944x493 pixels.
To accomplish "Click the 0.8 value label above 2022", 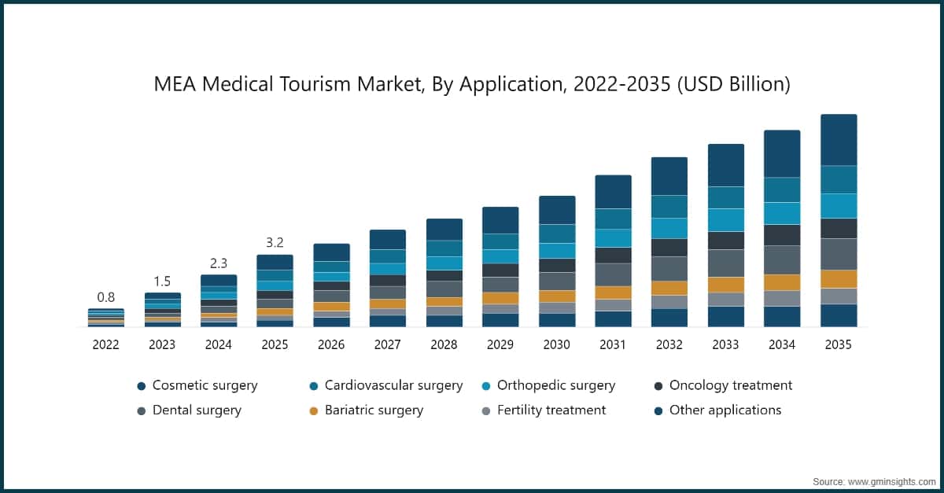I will tap(105, 297).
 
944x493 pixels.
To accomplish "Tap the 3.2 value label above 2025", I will tap(275, 242).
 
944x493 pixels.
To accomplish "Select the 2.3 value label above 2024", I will tap(218, 263).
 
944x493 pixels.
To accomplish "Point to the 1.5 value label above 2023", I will tap(162, 281).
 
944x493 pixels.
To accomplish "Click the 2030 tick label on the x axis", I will tap(557, 345).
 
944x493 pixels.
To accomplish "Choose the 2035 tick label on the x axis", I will tap(839, 345).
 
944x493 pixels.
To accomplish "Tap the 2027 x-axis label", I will tap(387, 345).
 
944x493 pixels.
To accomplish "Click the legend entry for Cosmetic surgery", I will tap(205, 385).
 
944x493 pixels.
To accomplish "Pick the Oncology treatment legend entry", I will tap(730, 385).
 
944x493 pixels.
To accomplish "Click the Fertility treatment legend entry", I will tap(551, 410).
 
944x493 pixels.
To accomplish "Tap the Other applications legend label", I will tap(725, 410).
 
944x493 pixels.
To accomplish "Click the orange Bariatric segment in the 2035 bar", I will tap(839, 279).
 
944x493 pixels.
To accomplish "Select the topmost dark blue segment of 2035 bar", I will tap(839, 140).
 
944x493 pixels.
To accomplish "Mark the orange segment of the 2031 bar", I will tap(613, 292).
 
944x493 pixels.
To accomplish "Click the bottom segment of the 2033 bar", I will tap(725, 316).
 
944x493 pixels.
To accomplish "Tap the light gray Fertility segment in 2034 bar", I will tap(782, 298).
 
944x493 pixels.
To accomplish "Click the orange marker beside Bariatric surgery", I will tap(314, 410).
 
